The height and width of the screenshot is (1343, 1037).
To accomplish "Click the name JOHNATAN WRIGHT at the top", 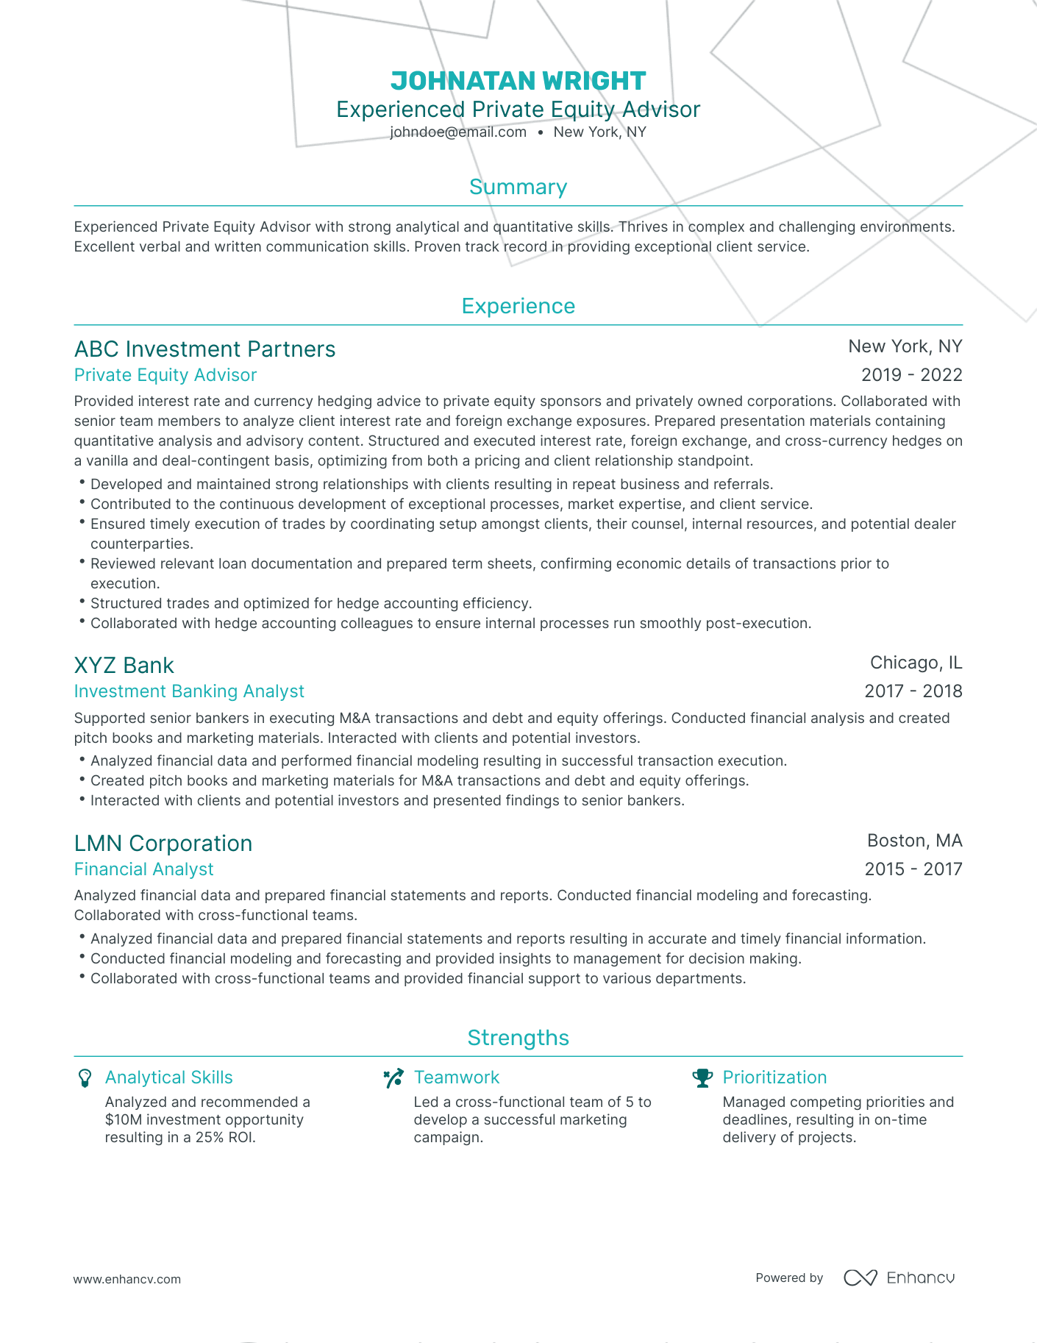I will pyautogui.click(x=518, y=81).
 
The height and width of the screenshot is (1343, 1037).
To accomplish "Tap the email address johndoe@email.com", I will pyautogui.click(x=458, y=132).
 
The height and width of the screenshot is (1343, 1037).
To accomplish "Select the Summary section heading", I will pyautogui.click(x=518, y=187).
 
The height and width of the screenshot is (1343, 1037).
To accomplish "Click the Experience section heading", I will pyautogui.click(x=518, y=306).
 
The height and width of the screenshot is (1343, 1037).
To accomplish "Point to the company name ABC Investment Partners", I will pyautogui.click(x=204, y=349).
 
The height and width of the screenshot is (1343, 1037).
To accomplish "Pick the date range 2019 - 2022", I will pyautogui.click(x=911, y=375).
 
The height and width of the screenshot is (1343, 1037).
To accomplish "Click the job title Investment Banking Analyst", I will pyautogui.click(x=189, y=691).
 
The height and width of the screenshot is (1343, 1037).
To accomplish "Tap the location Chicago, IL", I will pyautogui.click(x=916, y=663).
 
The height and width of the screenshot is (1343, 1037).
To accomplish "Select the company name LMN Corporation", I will pyautogui.click(x=163, y=843).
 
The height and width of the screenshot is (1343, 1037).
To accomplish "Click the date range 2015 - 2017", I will pyautogui.click(x=913, y=869).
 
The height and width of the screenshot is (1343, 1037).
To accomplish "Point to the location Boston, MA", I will pyautogui.click(x=914, y=841).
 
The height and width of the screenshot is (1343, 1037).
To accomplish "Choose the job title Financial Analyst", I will pyautogui.click(x=143, y=869).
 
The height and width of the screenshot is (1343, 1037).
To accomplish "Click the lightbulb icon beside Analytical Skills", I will pyautogui.click(x=85, y=1078).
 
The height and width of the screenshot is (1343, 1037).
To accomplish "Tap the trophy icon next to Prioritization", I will pyautogui.click(x=702, y=1078).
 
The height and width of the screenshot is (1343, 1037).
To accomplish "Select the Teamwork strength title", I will pyautogui.click(x=456, y=1077).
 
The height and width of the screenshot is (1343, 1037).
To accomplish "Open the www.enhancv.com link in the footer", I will pyautogui.click(x=126, y=1279).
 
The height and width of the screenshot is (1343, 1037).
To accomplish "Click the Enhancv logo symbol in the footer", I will pyautogui.click(x=860, y=1278).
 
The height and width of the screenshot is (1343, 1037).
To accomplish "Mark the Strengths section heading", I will pyautogui.click(x=518, y=1038).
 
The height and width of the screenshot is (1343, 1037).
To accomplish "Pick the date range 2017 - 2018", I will pyautogui.click(x=913, y=691).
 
